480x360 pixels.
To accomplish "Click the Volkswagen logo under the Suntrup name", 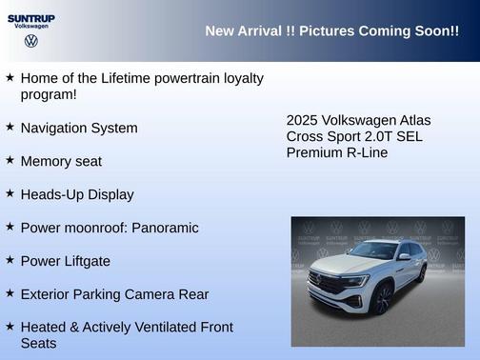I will [x=30, y=41].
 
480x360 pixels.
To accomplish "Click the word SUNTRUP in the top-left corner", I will [x=30, y=17].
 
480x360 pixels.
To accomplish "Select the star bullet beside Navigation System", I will [x=10, y=127].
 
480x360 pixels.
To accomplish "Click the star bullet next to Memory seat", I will [x=10, y=160].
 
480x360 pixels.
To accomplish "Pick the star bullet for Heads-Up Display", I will [x=10, y=193].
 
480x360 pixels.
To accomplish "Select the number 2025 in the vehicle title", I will [x=303, y=121].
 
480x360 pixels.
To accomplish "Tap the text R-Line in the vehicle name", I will [x=363, y=152].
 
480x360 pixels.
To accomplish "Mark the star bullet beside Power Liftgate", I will [x=10, y=260].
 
